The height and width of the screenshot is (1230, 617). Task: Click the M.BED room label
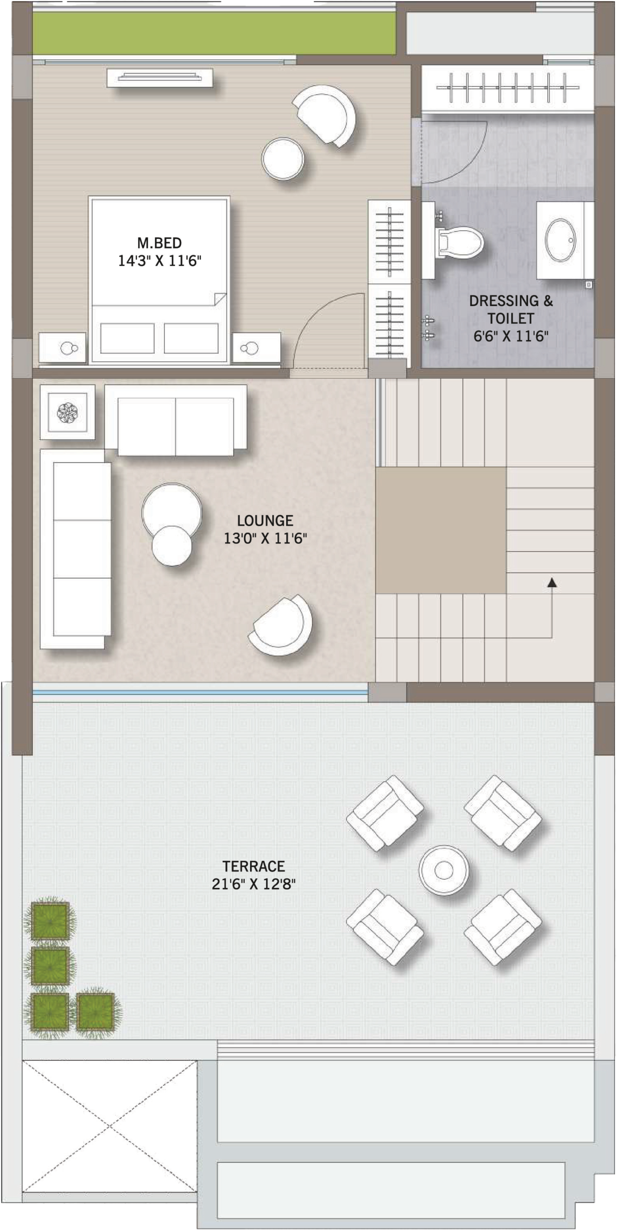[159, 243]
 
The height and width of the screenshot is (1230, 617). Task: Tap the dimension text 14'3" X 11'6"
[159, 261]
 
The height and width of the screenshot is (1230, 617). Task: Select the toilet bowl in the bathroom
[459, 240]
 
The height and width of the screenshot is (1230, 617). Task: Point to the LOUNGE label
[265, 520]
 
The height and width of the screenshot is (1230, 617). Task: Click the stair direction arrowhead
[552, 583]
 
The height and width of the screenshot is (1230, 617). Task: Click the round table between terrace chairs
[443, 869]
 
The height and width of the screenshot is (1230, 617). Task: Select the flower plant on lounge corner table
[67, 412]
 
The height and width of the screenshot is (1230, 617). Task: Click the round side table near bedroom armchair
[283, 158]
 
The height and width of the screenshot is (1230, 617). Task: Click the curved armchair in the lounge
[281, 624]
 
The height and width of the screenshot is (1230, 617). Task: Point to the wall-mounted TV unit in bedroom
[160, 77]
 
